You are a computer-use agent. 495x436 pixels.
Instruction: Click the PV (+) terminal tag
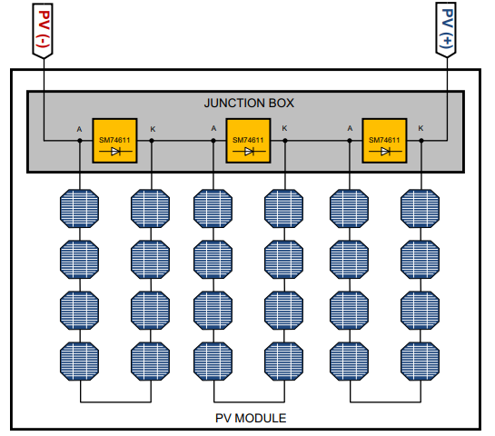(x=449, y=31)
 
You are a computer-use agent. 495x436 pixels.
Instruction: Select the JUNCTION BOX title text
(x=248, y=103)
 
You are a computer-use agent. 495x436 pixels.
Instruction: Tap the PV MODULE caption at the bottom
(x=250, y=418)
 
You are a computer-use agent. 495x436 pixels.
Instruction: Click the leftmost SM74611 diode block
(x=114, y=141)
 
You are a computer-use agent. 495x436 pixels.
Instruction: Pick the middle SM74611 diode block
(x=248, y=141)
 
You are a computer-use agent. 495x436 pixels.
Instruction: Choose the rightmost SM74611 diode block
(x=384, y=141)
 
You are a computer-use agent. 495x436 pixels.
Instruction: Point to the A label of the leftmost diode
(x=79, y=129)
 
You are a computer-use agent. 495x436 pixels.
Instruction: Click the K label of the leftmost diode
(x=153, y=129)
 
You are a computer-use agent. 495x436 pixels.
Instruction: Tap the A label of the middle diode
(x=213, y=129)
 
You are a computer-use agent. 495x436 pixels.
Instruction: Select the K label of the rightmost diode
(x=420, y=129)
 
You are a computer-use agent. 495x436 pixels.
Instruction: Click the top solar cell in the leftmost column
(x=80, y=208)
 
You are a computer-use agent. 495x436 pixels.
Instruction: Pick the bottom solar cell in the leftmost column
(x=80, y=361)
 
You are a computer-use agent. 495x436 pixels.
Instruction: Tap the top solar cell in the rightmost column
(x=420, y=208)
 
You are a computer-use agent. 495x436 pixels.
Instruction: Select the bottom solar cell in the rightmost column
(x=420, y=361)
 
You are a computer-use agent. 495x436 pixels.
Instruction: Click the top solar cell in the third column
(x=214, y=208)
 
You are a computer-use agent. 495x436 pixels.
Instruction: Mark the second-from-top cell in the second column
(x=151, y=259)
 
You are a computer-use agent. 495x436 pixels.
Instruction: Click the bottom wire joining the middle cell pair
(x=249, y=401)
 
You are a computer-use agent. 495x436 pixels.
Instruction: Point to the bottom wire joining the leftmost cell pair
(x=115, y=401)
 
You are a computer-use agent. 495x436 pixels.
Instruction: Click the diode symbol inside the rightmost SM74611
(x=385, y=152)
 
